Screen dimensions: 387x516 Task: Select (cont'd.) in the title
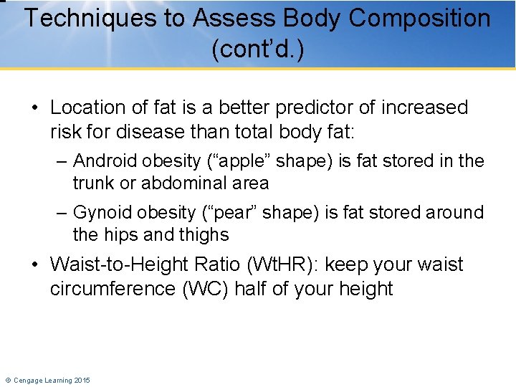click(258, 51)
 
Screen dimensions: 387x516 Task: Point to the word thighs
click(206, 234)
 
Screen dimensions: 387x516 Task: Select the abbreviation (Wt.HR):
click(283, 264)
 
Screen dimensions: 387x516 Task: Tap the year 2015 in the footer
click(82, 381)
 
